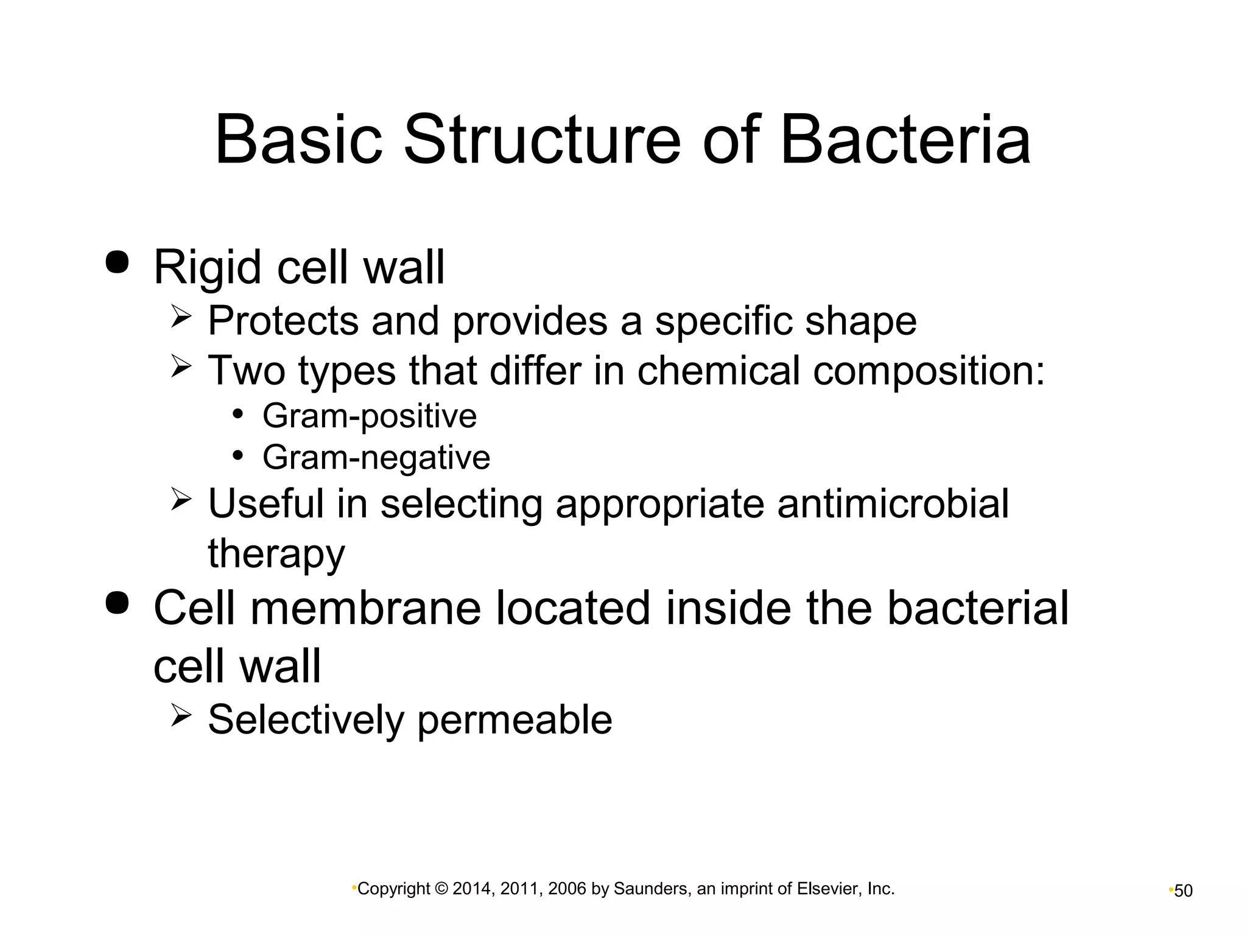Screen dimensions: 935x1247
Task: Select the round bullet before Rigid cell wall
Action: [117, 262]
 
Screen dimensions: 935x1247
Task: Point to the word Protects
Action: [283, 321]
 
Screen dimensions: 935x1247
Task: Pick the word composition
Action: [928, 371]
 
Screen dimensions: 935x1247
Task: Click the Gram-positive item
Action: [369, 416]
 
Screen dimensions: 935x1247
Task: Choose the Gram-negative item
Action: [376, 458]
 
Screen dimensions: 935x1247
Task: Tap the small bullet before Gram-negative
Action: [238, 456]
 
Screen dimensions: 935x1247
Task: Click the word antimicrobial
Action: [893, 504]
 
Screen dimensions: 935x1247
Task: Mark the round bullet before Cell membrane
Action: [117, 602]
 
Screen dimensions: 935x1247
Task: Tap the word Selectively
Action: [306, 720]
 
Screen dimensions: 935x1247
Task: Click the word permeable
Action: [514, 720]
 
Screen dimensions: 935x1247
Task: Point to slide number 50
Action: [1183, 891]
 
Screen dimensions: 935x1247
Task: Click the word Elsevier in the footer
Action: [827, 889]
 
